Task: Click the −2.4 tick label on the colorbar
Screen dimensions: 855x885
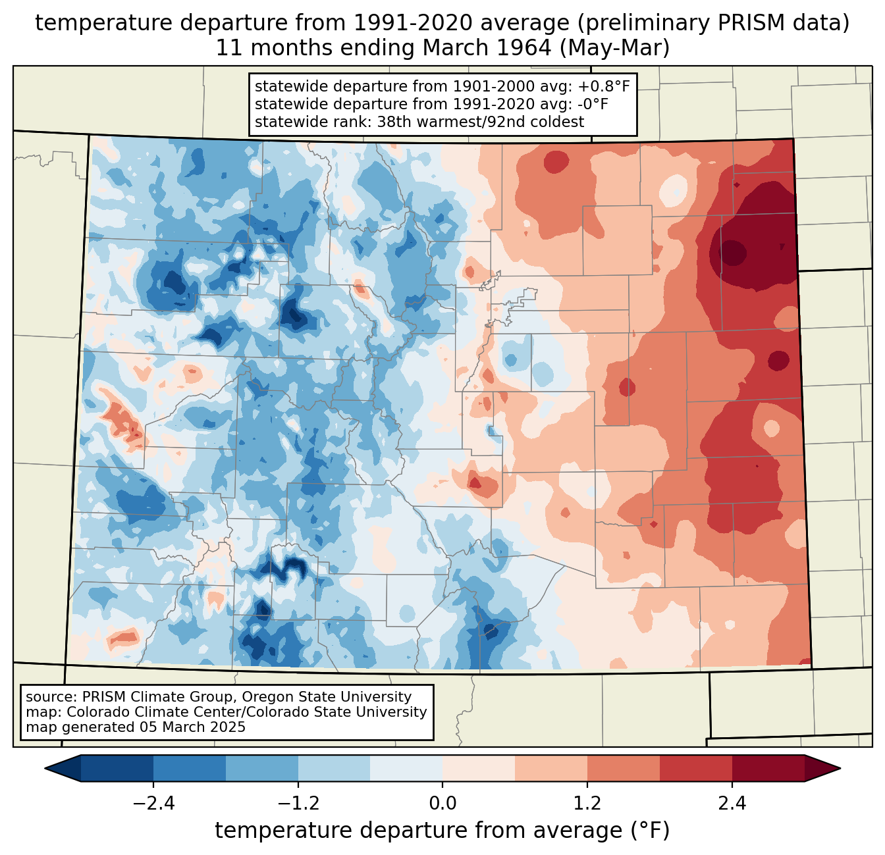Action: coord(153,804)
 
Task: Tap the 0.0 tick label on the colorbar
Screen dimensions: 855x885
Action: coord(443,804)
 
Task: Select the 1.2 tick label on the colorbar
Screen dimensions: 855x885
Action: coord(587,804)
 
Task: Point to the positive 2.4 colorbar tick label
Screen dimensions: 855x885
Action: coord(732,804)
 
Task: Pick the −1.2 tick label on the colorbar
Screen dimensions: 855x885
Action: coord(298,804)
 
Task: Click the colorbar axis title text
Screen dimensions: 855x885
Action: coord(443,831)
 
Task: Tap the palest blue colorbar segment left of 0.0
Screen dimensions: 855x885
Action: coord(406,768)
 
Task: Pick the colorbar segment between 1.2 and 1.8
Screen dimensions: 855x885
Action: coord(624,768)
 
